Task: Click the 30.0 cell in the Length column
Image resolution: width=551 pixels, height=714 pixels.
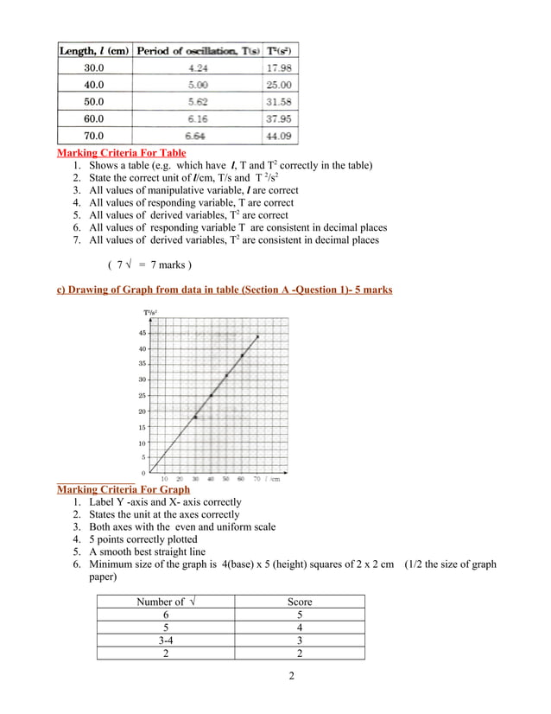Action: (x=93, y=67)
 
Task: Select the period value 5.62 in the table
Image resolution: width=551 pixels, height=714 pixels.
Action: (x=197, y=102)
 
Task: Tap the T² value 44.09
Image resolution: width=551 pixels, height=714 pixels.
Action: (x=279, y=136)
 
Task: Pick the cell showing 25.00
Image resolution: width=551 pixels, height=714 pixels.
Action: (x=279, y=85)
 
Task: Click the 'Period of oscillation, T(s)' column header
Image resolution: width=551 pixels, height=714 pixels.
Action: (x=198, y=51)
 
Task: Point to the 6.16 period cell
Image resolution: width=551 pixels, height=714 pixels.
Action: (x=197, y=118)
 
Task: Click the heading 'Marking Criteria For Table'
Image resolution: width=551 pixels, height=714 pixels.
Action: (x=121, y=153)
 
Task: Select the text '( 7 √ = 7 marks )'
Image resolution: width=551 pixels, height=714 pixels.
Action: (x=149, y=264)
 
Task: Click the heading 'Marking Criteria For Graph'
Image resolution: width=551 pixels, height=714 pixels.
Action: (x=123, y=489)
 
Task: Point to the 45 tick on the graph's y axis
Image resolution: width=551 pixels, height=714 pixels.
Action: (x=142, y=332)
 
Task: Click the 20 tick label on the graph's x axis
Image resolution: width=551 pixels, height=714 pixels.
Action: (x=180, y=478)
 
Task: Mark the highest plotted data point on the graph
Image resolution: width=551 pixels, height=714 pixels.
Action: (x=256, y=336)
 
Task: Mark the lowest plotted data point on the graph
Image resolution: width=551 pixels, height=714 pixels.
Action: (x=195, y=418)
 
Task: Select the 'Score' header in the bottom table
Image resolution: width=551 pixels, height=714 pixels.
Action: (x=299, y=602)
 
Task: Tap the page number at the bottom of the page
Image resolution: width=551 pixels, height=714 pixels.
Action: (x=292, y=675)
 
